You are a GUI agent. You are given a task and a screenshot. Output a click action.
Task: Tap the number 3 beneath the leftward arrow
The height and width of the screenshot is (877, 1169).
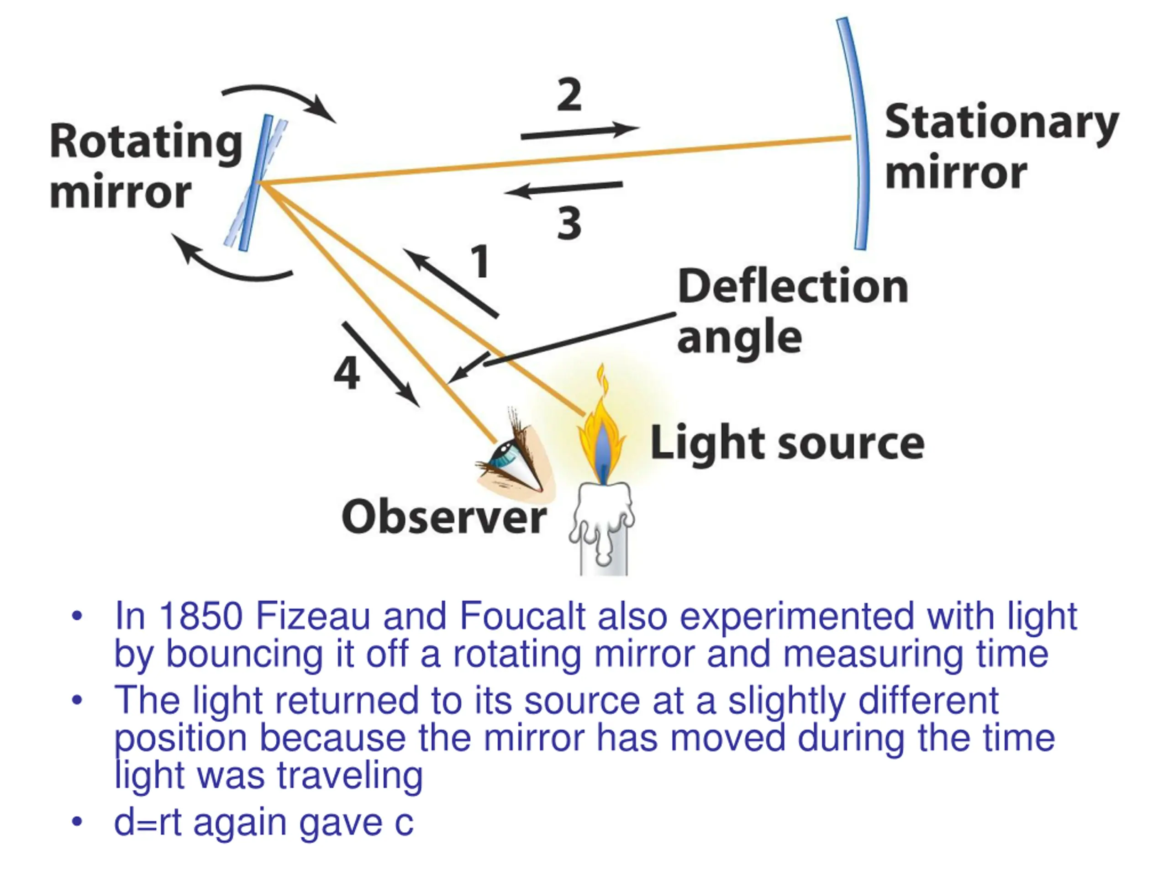click(569, 224)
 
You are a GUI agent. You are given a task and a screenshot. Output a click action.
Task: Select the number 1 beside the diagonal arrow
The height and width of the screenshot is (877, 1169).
click(480, 261)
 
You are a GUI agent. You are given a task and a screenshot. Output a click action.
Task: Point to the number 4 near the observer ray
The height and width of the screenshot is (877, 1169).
click(347, 373)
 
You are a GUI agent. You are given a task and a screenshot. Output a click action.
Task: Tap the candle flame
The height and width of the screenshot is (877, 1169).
click(602, 439)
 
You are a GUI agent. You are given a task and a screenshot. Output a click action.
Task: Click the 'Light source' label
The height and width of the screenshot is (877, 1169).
click(787, 443)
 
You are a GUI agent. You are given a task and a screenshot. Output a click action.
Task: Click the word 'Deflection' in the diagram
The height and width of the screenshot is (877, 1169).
click(793, 287)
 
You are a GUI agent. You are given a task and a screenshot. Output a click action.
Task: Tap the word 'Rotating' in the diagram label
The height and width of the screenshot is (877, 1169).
click(146, 141)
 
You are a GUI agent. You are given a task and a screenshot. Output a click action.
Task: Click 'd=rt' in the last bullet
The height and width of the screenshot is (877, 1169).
click(147, 823)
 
